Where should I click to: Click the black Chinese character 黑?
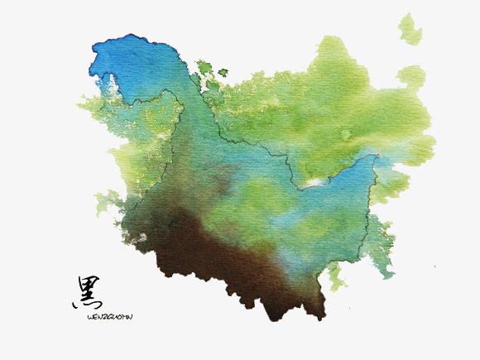(84, 293)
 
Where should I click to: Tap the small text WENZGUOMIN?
(109, 315)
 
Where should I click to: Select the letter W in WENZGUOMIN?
(89, 315)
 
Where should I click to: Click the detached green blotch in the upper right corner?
(409, 30)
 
